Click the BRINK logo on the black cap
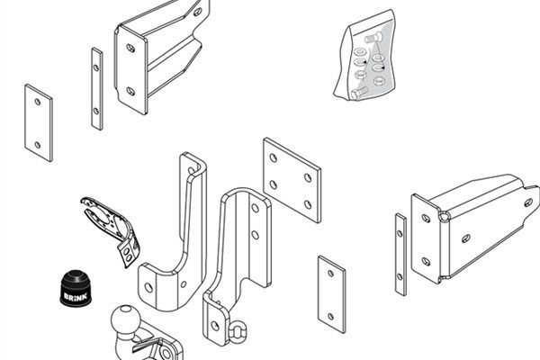click(76, 297)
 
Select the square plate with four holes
click(292, 180)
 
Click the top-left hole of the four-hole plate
click(274, 158)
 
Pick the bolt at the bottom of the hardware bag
click(360, 93)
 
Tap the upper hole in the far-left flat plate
click(38, 102)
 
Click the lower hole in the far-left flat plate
click(38, 145)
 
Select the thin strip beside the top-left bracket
click(97, 89)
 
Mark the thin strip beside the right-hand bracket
click(400, 255)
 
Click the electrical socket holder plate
click(111, 230)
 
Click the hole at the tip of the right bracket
click(528, 202)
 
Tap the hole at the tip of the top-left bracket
click(197, 12)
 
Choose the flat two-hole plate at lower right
click(331, 294)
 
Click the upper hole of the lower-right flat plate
click(330, 274)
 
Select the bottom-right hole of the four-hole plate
click(308, 205)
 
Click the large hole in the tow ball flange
click(167, 354)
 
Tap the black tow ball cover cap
click(76, 288)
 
